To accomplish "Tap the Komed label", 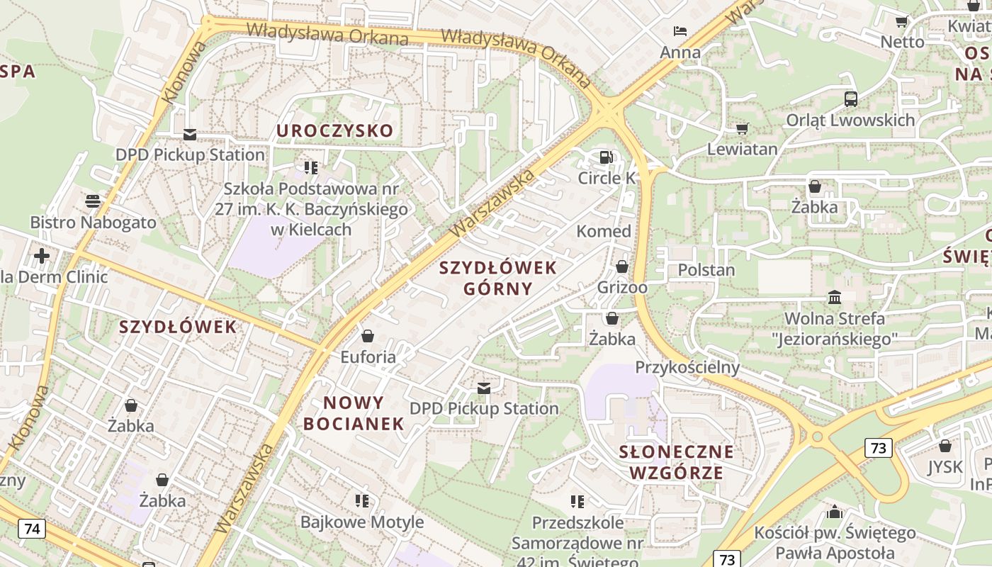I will coord(604,231).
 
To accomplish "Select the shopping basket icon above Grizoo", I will coord(622,266).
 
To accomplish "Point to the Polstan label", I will coord(706,270).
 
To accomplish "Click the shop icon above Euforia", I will coord(368,335).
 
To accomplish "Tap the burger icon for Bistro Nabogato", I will coord(93,201).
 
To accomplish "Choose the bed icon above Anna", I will coord(680,31).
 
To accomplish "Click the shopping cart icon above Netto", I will coord(902,21).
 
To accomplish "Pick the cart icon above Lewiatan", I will coord(742,128).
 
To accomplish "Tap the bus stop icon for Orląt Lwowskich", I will coord(851,99).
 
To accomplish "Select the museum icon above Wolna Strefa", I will coord(835,297).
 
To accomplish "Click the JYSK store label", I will coord(945,467).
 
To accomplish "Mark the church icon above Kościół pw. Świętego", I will coord(835,511).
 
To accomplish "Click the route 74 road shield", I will coord(32,529).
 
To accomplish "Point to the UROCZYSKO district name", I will coord(334,131).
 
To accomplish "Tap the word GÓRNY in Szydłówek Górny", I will coord(497,288).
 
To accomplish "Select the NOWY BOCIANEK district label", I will coord(363,414).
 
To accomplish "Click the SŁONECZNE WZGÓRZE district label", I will coord(676,462).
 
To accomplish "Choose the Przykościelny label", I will coord(687,367).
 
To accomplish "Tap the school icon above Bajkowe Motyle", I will coord(362,501).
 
